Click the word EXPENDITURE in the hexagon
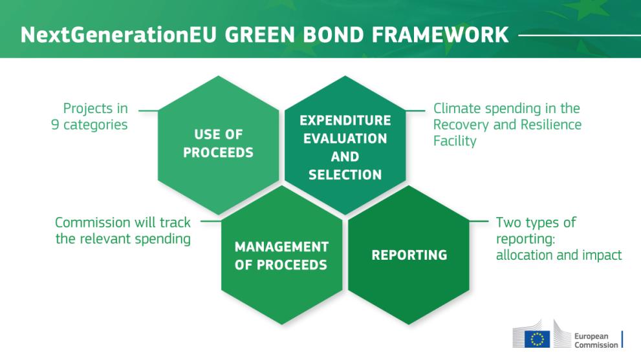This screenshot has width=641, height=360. pos(345,121)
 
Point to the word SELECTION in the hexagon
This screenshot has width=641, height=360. pos(345,175)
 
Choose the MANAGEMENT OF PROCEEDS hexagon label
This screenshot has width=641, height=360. pos(281,256)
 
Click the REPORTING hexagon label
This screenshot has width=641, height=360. pos(409,255)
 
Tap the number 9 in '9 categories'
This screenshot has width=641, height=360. pos(56,125)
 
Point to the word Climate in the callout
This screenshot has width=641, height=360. pos(455,109)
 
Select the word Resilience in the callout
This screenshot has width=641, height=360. pos(550,125)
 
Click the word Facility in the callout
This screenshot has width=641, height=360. pos(455,141)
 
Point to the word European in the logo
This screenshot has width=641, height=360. pos(585,336)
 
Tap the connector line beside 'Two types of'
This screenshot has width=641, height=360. pos(479,222)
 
